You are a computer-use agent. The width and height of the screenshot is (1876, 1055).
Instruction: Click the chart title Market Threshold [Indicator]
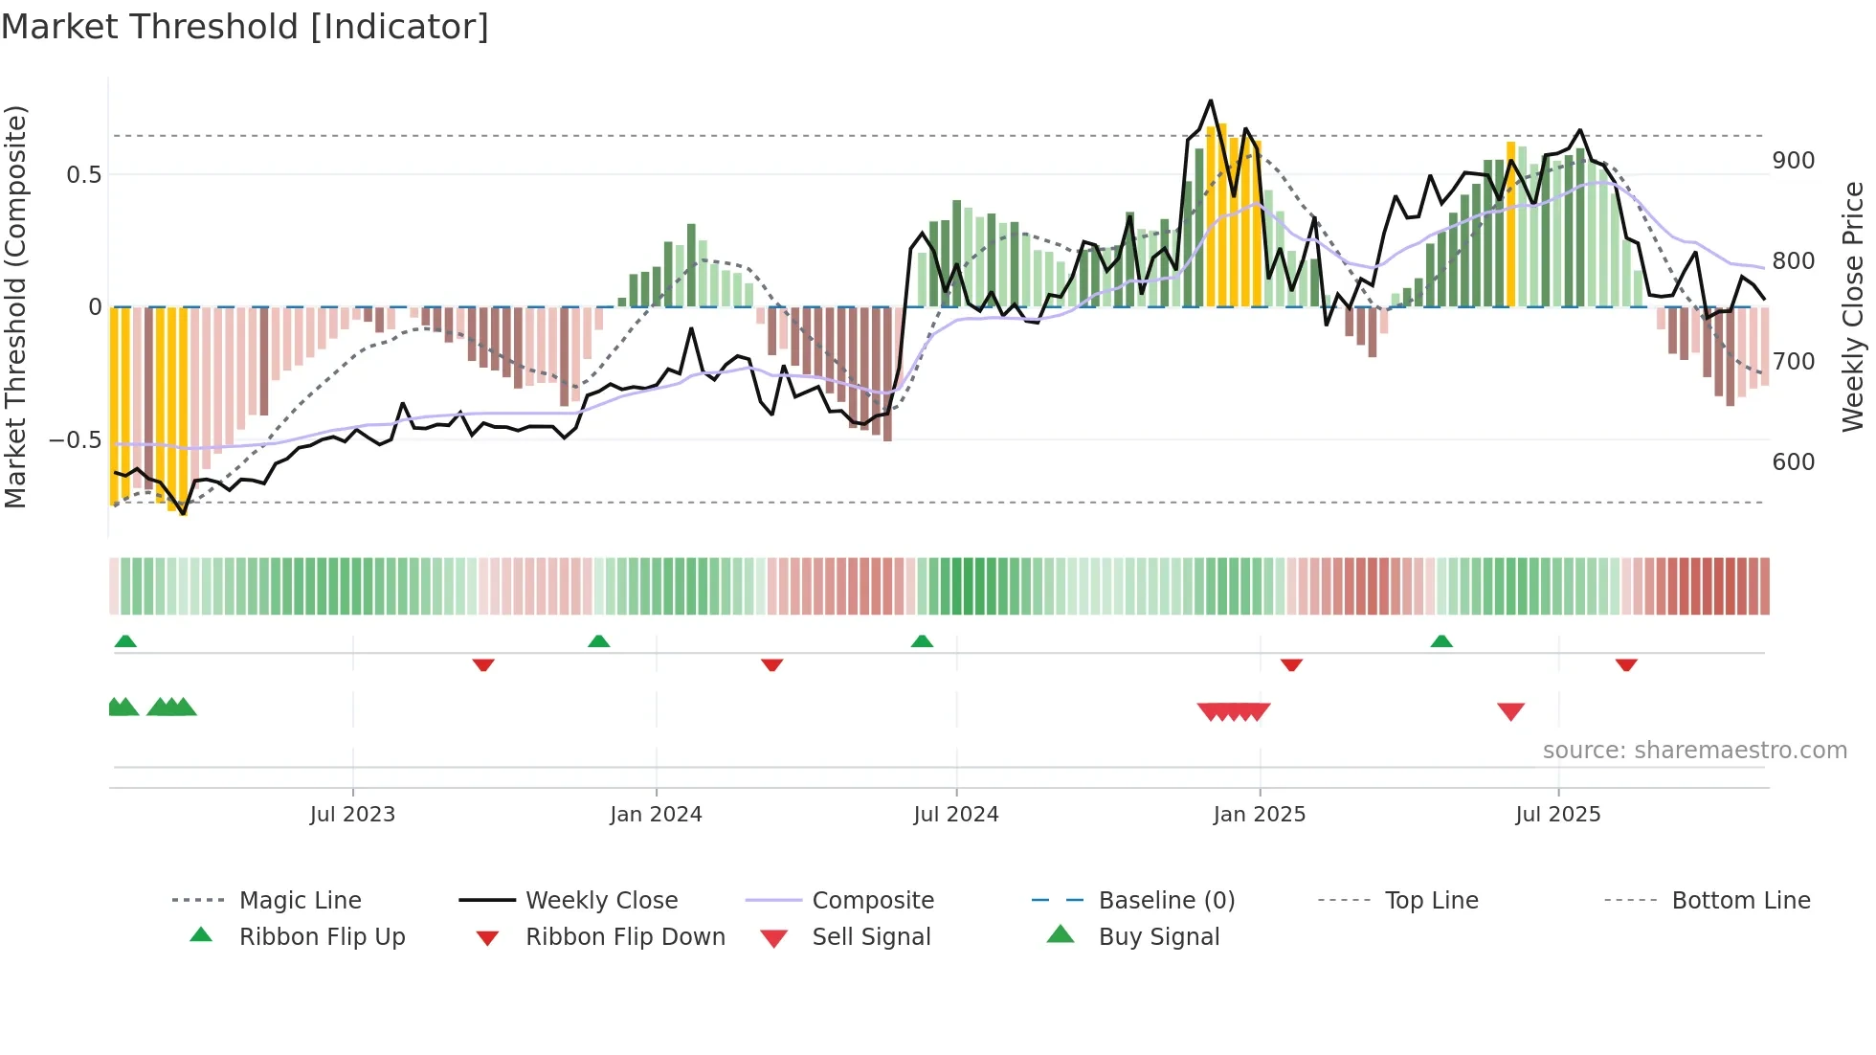pos(245,27)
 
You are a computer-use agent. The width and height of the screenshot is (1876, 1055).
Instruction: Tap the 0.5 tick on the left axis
pos(83,174)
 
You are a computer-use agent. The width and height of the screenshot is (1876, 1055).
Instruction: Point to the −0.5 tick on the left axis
pos(76,440)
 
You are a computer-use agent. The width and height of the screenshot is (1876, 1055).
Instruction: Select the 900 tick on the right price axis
pos(1793,161)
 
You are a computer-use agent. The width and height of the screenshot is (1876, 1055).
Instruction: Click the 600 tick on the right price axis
pos(1793,461)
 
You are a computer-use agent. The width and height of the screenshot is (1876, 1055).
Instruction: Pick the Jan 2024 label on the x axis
pos(656,815)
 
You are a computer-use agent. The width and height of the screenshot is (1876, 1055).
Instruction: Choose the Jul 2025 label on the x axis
pos(1557,815)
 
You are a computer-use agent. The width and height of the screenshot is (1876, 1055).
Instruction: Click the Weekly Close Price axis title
pos(1853,306)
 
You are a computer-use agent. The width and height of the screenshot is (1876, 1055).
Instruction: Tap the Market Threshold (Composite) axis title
pos(15,306)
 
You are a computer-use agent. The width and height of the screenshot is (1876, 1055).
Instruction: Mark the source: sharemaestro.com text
pos(1694,751)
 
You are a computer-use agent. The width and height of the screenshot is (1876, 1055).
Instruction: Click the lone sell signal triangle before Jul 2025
pos(1510,711)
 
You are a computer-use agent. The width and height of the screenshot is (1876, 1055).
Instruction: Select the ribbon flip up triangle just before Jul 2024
pos(922,641)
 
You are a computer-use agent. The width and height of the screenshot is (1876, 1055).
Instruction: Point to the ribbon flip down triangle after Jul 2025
pos(1626,664)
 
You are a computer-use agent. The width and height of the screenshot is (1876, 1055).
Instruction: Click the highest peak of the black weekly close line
pos(1211,101)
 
